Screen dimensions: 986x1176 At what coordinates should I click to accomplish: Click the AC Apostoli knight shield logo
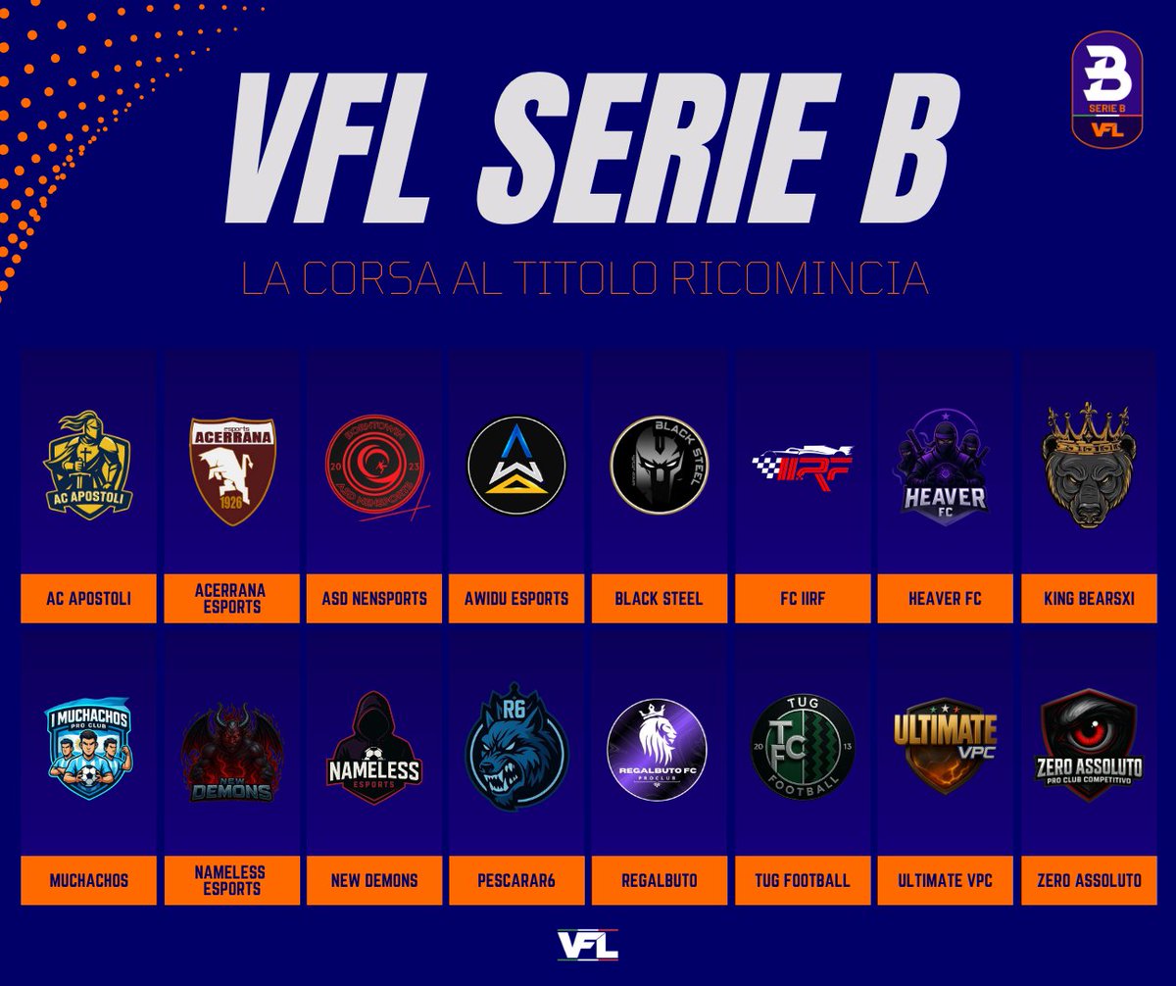tap(88, 465)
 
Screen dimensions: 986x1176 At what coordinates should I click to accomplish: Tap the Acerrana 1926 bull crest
tap(232, 468)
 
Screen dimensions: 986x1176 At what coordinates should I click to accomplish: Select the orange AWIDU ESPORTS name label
tap(516, 598)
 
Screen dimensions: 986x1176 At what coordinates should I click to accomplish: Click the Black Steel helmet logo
tap(659, 465)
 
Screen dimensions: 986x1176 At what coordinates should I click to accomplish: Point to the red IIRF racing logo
tap(803, 465)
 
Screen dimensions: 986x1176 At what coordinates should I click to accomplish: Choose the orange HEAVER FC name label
tap(946, 598)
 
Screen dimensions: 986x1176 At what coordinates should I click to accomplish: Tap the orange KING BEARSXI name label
tap(1089, 598)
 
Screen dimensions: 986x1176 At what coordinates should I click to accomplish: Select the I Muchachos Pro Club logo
tap(88, 747)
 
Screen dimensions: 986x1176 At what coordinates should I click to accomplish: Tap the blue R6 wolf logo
tap(516, 747)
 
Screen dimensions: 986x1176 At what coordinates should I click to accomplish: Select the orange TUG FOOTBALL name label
tap(803, 880)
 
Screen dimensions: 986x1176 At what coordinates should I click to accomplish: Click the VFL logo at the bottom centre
tap(588, 945)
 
